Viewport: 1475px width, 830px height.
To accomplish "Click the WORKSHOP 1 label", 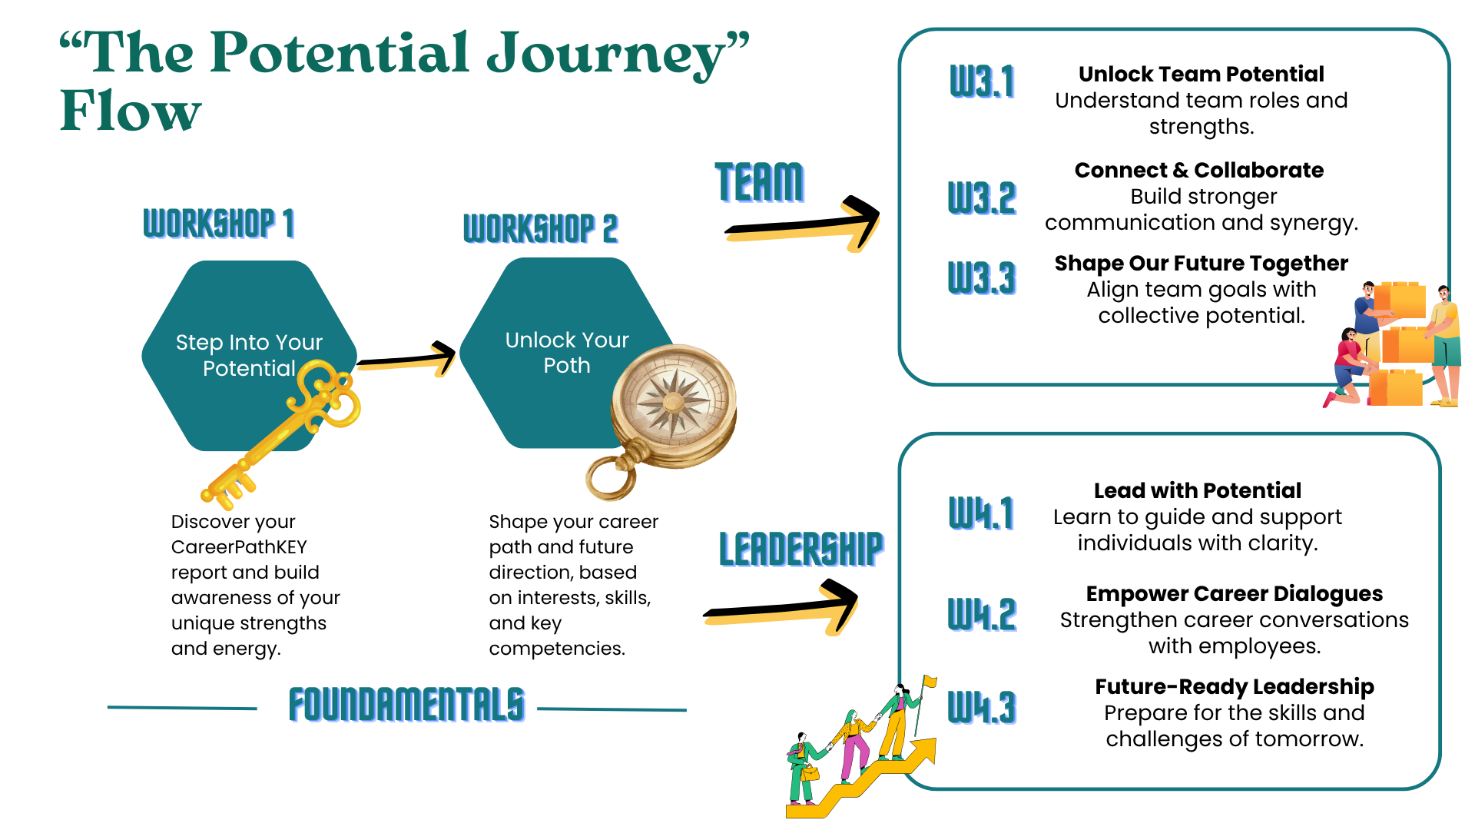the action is point(219,224).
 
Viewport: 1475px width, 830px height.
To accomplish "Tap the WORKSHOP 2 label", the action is point(540,228).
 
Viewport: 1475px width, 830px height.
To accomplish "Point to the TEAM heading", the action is point(759,182).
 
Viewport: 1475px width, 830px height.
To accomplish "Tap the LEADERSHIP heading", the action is point(801,549).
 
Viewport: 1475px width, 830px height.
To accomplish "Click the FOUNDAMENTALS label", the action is point(406,705).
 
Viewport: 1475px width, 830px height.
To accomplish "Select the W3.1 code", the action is point(982,81).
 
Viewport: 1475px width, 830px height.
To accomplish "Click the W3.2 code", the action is point(982,198).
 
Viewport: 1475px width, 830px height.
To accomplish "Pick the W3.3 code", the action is point(982,278).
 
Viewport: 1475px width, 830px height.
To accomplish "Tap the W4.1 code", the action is point(982,513).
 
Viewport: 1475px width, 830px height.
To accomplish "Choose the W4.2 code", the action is point(982,615).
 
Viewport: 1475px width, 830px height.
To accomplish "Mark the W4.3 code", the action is point(982,708).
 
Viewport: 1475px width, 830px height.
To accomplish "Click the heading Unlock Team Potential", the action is point(1201,74).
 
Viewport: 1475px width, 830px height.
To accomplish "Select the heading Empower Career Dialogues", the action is point(1234,593).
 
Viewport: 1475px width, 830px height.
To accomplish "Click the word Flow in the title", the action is point(131,111).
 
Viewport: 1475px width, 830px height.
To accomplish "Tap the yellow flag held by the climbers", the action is point(930,682).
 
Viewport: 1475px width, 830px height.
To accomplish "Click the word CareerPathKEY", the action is point(239,547).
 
